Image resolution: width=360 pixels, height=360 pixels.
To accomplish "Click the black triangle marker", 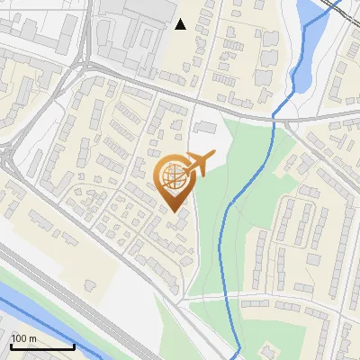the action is (181, 24).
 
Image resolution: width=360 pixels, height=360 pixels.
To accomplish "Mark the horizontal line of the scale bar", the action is (42, 346).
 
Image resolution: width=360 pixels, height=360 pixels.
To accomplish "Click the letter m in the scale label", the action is (33, 338).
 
